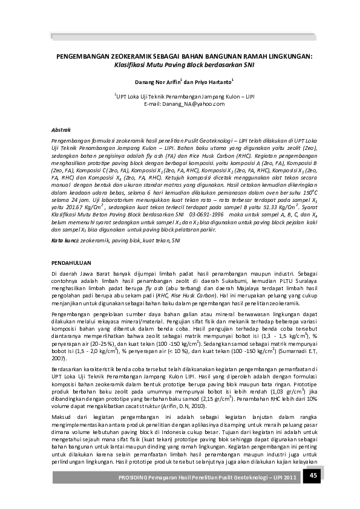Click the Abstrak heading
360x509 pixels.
coord(61,129)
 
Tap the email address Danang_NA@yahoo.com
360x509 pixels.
coord(184,104)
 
